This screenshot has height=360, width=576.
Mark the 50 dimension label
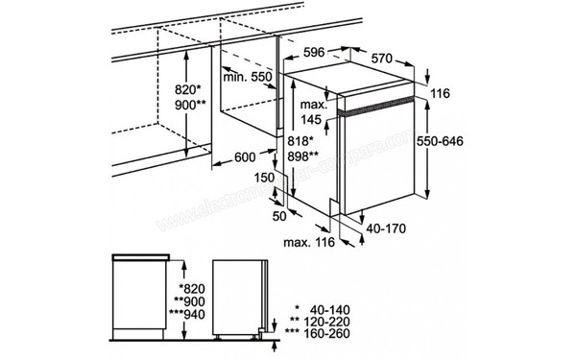point(278,218)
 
